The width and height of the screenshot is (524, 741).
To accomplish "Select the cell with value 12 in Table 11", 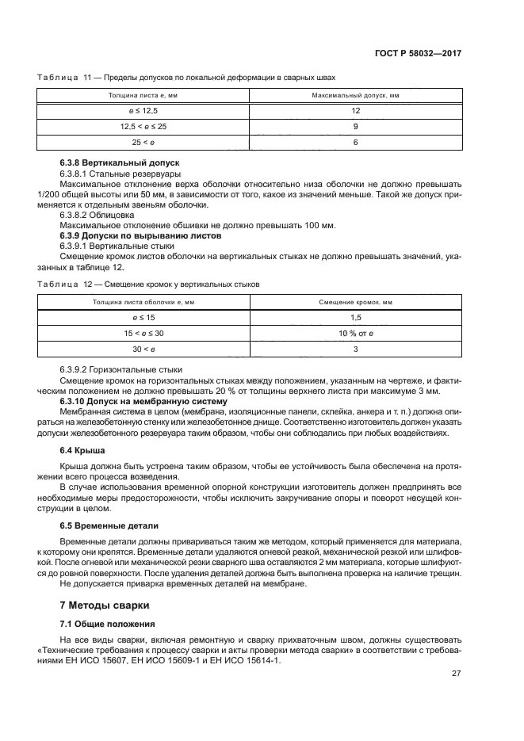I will click(x=355, y=111).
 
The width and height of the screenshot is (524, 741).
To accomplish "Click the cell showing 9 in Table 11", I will click(x=355, y=126).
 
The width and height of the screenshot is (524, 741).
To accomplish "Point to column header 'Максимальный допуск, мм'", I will click(x=355, y=95).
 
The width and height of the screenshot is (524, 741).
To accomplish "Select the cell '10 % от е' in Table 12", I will click(x=355, y=333).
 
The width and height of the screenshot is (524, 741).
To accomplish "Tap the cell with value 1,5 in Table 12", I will click(x=355, y=317).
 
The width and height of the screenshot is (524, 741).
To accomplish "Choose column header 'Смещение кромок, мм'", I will click(x=355, y=302).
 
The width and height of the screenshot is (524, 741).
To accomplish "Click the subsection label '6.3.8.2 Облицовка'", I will click(x=97, y=214).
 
